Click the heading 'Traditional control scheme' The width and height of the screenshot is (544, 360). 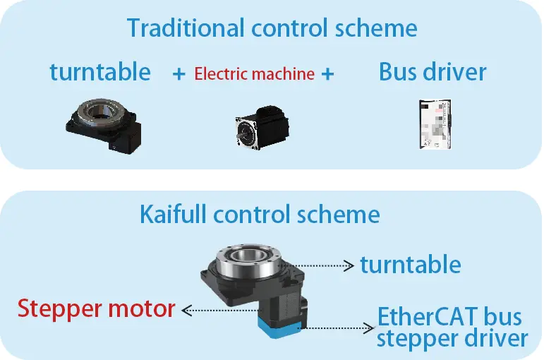(272, 28)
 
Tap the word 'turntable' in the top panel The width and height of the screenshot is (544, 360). (99, 71)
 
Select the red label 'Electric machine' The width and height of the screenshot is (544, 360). (254, 73)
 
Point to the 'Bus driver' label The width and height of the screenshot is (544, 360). (433, 71)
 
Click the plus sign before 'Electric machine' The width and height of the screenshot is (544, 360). (179, 73)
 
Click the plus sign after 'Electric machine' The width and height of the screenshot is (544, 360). (327, 73)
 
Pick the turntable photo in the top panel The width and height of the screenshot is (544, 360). (106, 123)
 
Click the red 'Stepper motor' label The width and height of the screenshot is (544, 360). (96, 308)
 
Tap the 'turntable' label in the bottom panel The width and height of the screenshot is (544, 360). (410, 265)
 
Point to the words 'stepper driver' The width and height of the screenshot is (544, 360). (452, 338)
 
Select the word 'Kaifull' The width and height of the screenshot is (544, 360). (180, 214)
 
